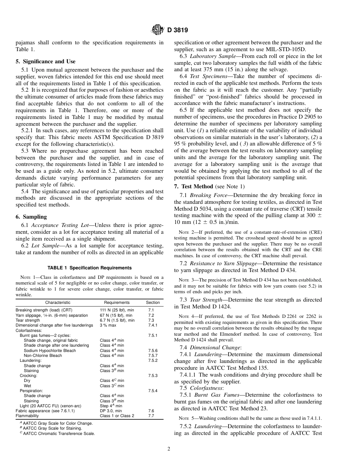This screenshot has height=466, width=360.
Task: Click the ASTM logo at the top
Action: [x=157, y=29]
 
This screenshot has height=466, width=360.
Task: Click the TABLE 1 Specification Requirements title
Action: [x=89, y=268]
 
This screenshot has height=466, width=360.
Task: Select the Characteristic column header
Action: [x=58, y=303]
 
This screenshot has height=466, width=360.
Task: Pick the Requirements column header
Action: [x=117, y=303]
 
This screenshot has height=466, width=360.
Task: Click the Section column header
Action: [x=153, y=303]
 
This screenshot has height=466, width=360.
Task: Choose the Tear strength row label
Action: [x=28, y=320]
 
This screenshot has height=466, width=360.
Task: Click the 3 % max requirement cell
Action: [x=108, y=325]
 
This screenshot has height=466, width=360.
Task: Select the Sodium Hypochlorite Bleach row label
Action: [x=50, y=350]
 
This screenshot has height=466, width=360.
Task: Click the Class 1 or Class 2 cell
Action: [x=117, y=416]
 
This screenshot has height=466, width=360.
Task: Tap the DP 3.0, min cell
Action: [x=111, y=411]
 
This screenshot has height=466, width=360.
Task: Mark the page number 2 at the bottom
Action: [x=169, y=449]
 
